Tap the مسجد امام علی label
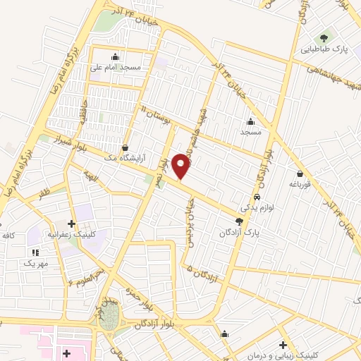(x=117, y=68)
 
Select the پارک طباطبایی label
(x=324, y=49)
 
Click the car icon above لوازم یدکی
(x=257, y=197)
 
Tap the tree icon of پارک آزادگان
(x=240, y=221)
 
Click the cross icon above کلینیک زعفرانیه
(x=72, y=224)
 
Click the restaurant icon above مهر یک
(x=35, y=252)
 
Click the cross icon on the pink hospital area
(x=67, y=353)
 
